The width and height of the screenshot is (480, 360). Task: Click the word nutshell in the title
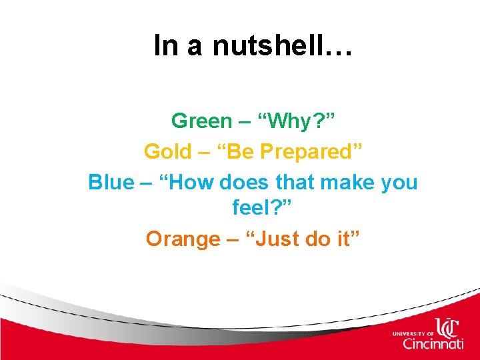pyautogui.click(x=269, y=45)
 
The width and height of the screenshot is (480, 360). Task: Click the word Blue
pyautogui.click(x=111, y=182)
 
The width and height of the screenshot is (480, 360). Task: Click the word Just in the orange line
pyautogui.click(x=275, y=238)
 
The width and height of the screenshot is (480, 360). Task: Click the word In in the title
pyautogui.click(x=164, y=45)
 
